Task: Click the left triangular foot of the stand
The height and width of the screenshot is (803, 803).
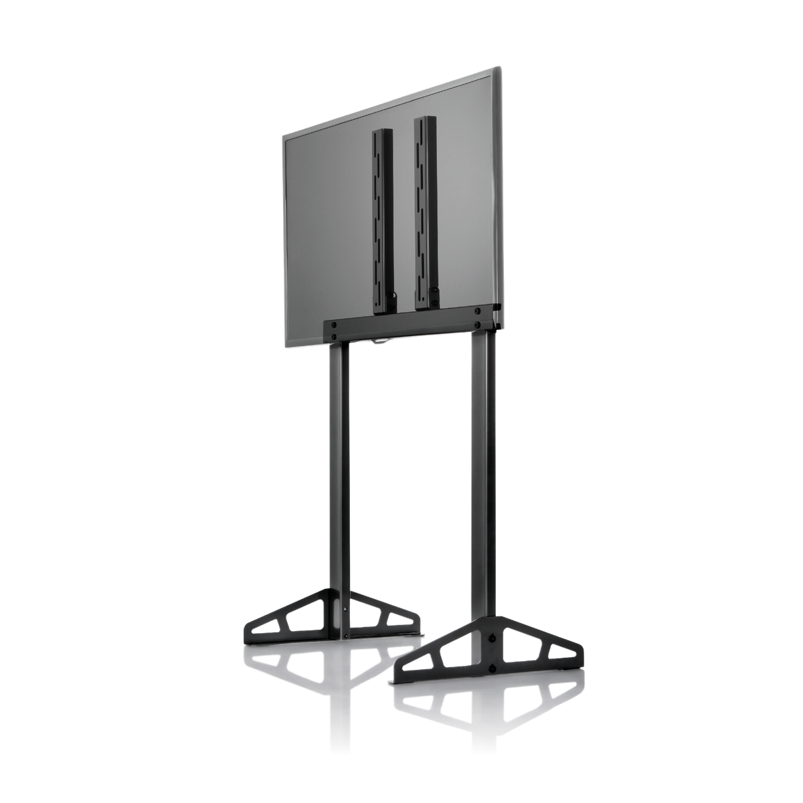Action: [331, 618]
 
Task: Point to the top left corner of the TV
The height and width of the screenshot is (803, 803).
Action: [282, 137]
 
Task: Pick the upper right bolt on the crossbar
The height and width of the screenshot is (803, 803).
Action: [478, 308]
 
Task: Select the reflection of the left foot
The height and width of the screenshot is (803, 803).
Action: [328, 669]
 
